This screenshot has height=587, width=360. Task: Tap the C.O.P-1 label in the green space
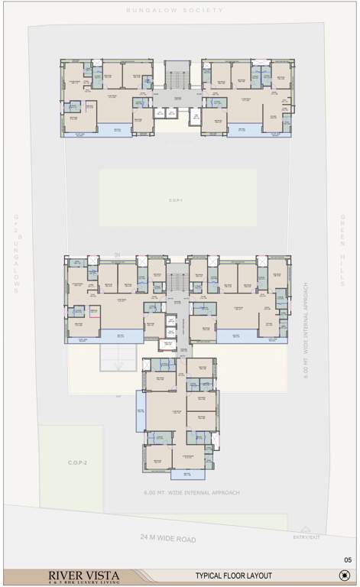177,200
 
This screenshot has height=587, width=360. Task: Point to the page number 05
347,560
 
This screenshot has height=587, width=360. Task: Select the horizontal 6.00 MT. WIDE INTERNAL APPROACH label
192,493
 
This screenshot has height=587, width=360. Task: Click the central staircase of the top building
176,77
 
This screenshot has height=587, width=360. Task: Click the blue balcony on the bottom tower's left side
141,410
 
